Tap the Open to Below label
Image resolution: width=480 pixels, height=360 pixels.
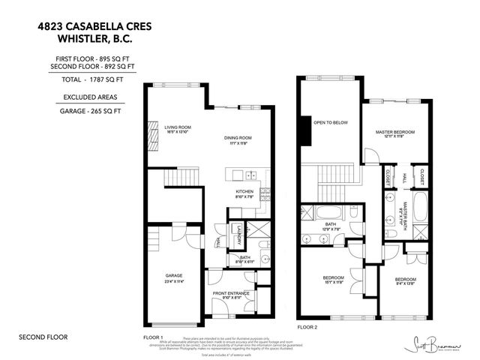(x=328, y=123)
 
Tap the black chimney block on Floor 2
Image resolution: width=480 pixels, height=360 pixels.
(x=304, y=131)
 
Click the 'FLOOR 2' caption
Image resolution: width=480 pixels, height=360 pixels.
(x=307, y=328)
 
